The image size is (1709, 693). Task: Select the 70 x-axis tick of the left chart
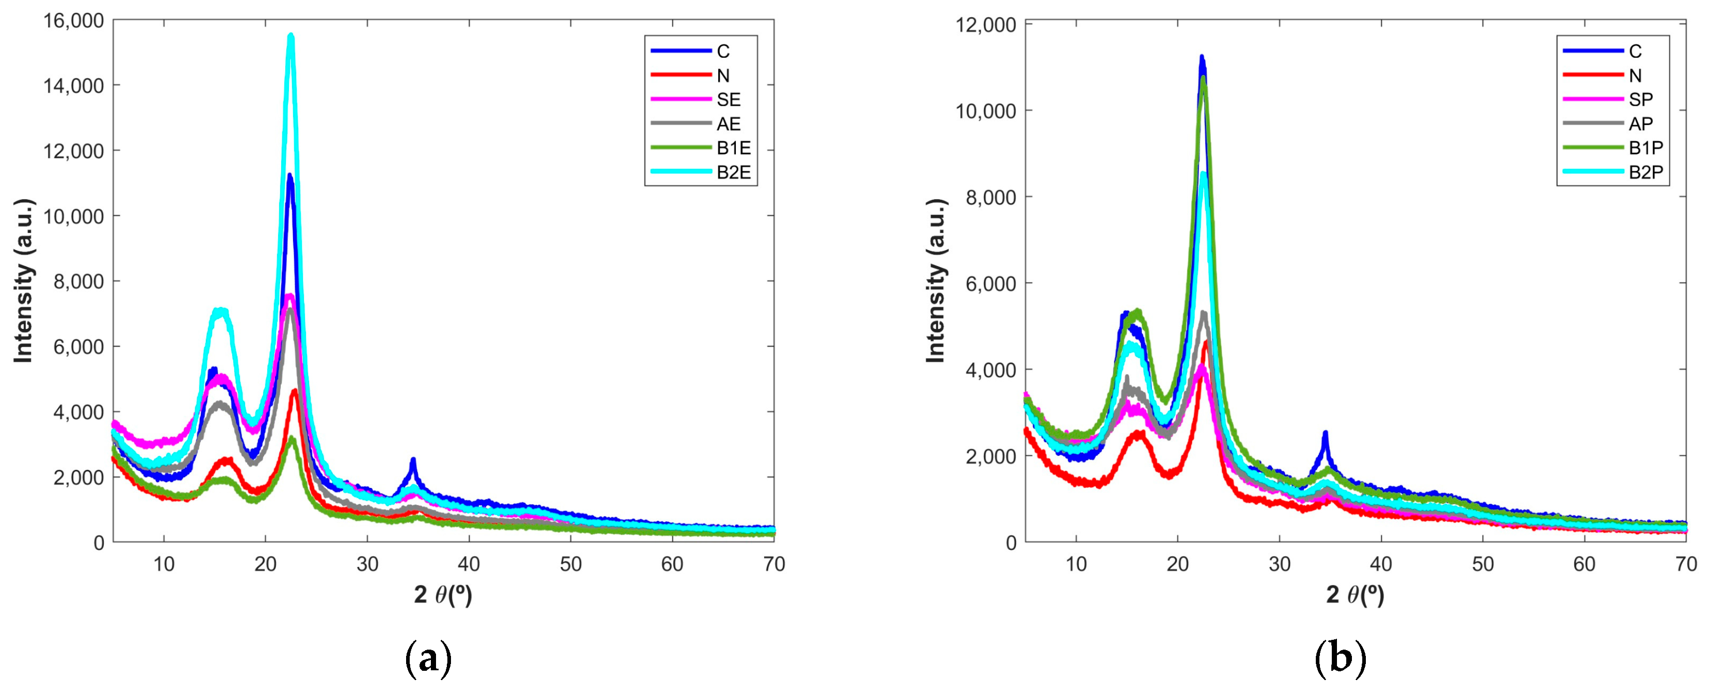[773, 564]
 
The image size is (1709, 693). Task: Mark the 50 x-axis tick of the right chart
[1483, 564]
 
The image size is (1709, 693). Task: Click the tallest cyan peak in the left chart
[291, 37]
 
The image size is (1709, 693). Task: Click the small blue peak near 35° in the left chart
[413, 460]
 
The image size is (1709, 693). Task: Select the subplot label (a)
[428, 659]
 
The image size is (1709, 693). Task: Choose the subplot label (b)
[1340, 659]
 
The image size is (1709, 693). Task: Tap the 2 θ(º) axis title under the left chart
[443, 595]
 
